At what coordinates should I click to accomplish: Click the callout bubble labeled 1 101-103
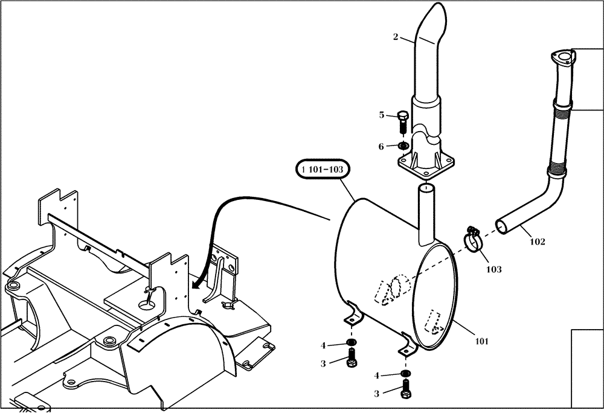coord(323,170)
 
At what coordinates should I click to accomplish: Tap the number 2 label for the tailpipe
coord(396,37)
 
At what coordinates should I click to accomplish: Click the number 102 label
coord(537,242)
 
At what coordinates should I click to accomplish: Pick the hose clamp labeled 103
coord(474,239)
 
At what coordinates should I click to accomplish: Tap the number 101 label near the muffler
coord(481,341)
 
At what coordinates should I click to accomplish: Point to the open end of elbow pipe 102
coord(501,226)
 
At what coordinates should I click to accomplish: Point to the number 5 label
coord(381,115)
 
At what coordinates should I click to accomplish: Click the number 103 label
coord(493,269)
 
